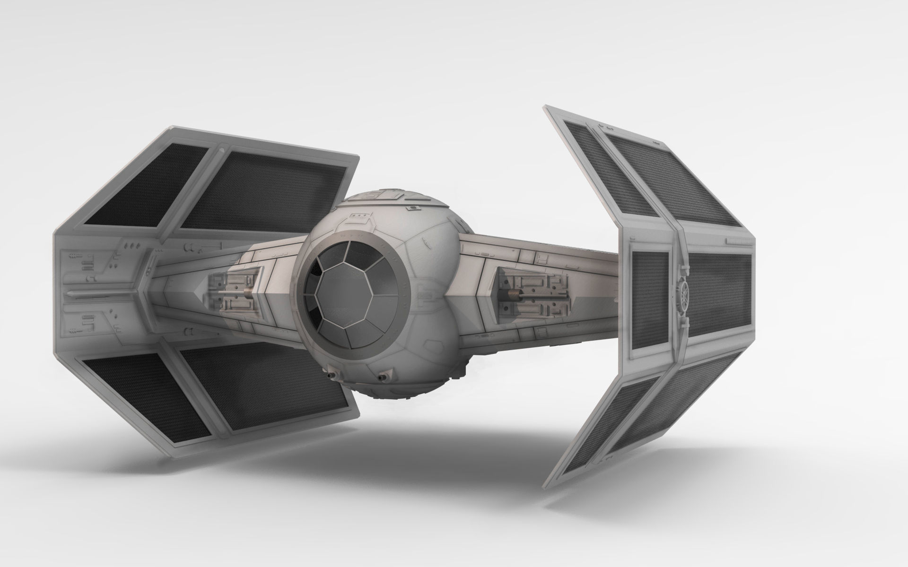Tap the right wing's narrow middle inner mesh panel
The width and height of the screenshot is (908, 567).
(650, 300)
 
